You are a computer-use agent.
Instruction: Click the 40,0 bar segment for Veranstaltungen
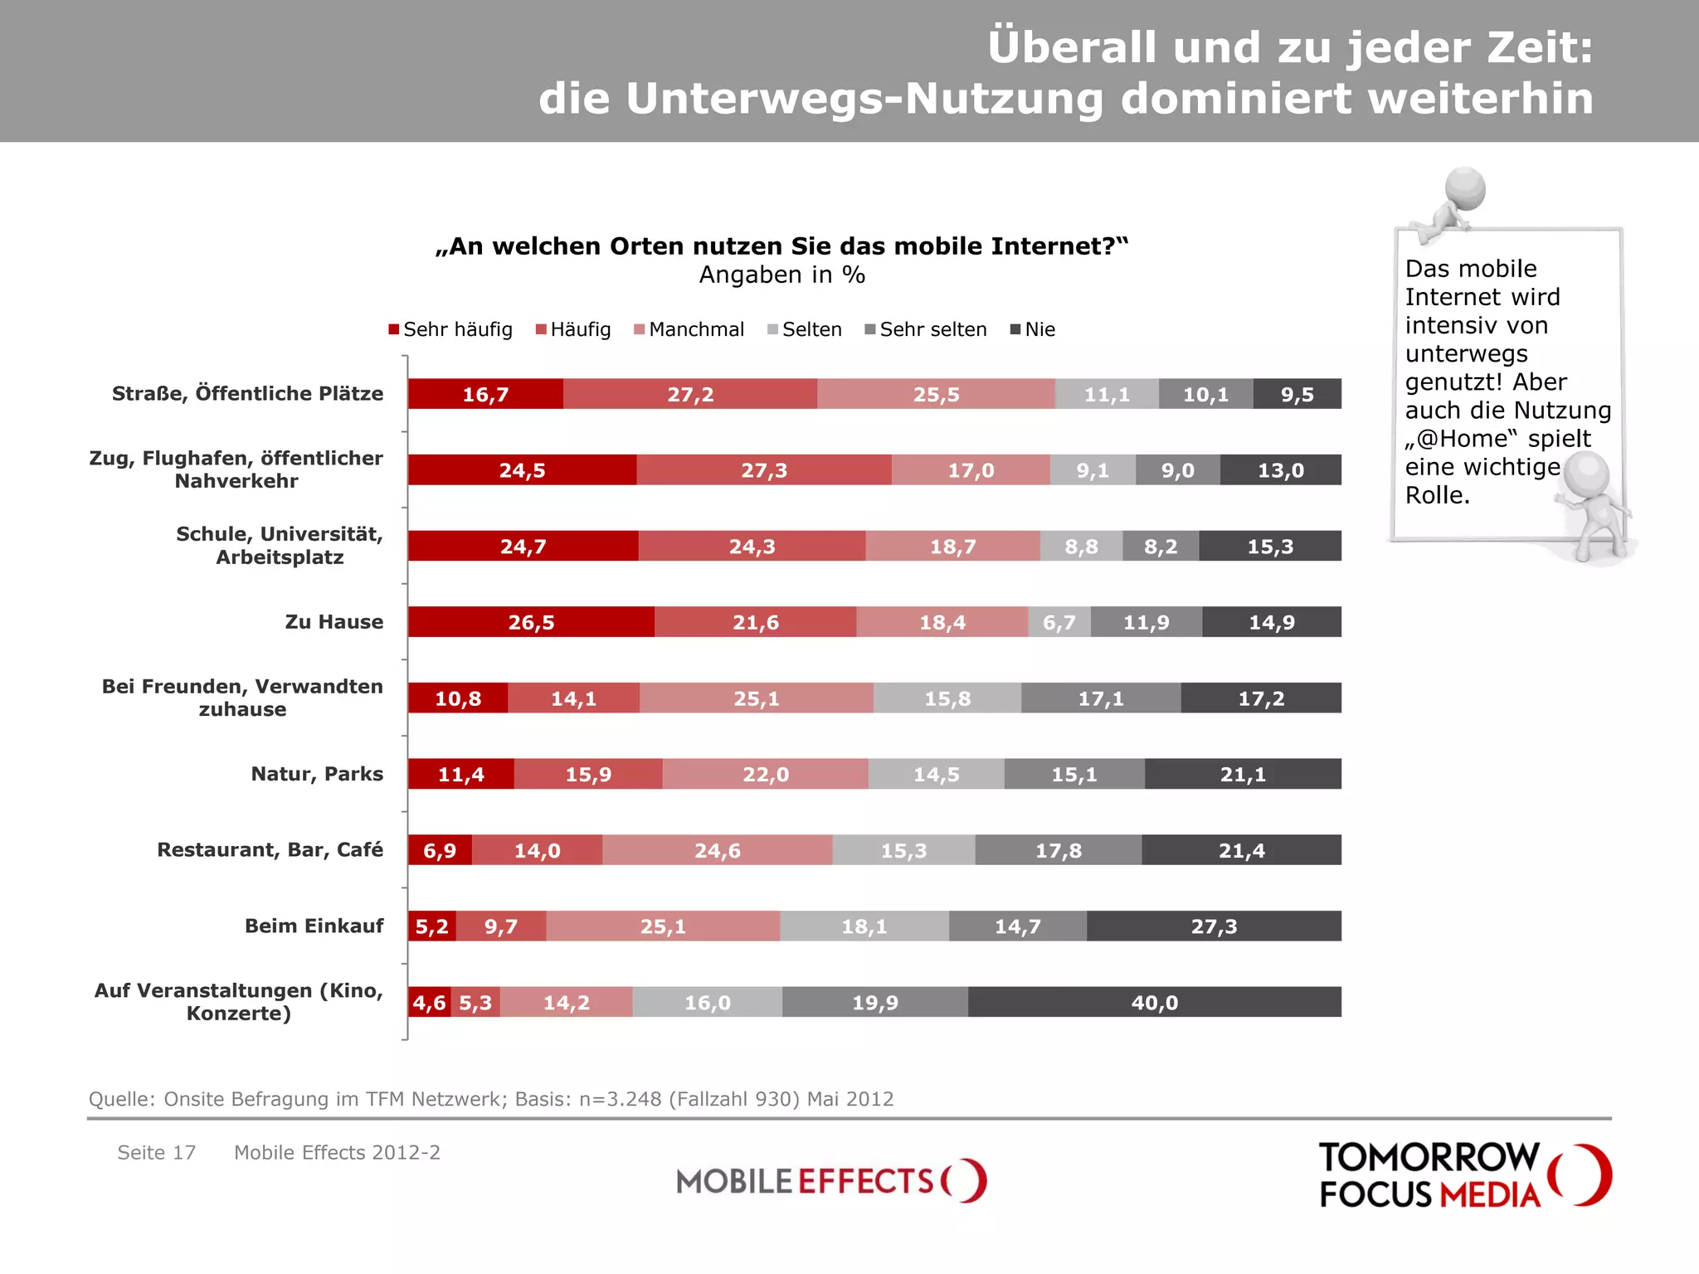(x=1154, y=1002)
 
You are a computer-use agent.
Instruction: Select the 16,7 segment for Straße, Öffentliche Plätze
(x=485, y=394)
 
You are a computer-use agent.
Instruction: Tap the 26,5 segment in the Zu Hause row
(x=531, y=622)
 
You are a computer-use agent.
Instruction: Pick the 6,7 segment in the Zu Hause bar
(x=1059, y=622)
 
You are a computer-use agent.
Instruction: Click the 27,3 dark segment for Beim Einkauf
(x=1214, y=926)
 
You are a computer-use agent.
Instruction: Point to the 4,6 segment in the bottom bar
(x=429, y=1002)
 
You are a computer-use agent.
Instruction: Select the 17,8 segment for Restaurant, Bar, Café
(x=1058, y=850)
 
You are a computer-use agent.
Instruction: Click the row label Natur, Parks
(x=317, y=774)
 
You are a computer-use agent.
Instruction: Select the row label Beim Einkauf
(x=314, y=926)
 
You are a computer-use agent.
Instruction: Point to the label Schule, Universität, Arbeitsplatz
(x=280, y=545)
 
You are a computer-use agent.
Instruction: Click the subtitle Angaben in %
(x=781, y=275)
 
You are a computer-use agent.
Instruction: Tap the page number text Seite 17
(x=156, y=1152)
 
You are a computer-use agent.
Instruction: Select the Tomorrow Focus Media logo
(x=1464, y=1175)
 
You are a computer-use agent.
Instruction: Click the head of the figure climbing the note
(x=1465, y=187)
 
